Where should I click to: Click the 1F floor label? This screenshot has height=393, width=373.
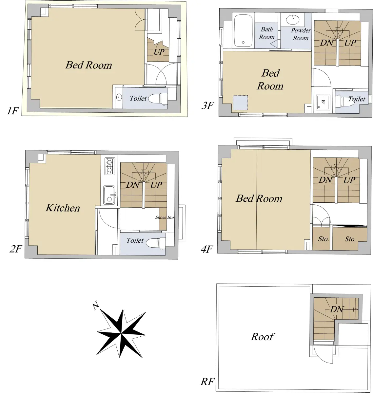click(13, 111)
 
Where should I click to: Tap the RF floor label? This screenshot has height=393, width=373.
click(207, 382)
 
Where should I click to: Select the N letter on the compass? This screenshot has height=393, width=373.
click(96, 306)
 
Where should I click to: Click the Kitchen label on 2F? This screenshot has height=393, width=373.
click(63, 208)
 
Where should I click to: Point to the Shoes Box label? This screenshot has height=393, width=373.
click(165, 217)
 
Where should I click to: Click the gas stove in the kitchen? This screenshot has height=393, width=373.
click(110, 166)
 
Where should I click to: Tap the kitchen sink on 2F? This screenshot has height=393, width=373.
click(109, 195)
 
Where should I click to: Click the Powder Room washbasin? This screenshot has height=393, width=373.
click(293, 20)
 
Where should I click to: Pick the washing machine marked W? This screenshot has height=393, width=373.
click(323, 103)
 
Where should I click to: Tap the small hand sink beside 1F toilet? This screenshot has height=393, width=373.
click(119, 97)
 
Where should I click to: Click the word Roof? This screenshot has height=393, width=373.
click(263, 337)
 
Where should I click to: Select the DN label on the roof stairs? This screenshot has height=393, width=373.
click(337, 309)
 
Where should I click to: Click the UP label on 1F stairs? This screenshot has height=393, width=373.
click(159, 52)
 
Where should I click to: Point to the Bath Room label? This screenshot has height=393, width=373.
click(267, 33)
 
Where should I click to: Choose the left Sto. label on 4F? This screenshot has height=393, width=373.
click(324, 239)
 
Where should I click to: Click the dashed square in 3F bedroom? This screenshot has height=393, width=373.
click(240, 103)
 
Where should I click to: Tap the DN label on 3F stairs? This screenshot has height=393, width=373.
click(326, 43)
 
